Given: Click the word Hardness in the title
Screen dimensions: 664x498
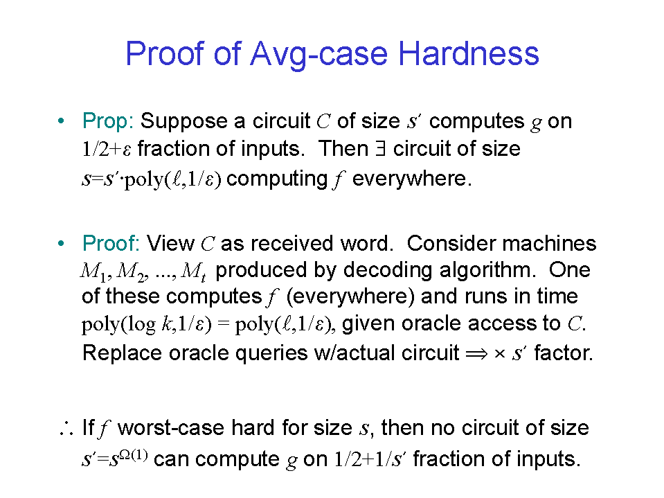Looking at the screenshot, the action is [468, 53].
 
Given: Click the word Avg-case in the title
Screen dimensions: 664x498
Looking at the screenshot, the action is [319, 55].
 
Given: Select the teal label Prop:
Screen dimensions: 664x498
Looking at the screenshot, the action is [108, 121].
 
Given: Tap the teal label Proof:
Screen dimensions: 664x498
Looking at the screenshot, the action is [111, 244].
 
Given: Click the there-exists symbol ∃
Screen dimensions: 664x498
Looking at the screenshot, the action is [381, 149].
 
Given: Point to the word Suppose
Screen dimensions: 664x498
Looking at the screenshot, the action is [185, 122].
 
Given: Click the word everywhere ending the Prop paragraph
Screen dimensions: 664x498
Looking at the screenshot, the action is [411, 179].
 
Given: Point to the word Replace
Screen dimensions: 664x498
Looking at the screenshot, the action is [122, 353].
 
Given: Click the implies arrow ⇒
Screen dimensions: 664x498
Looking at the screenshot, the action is [476, 354].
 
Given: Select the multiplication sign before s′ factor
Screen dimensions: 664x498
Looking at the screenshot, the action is [500, 354].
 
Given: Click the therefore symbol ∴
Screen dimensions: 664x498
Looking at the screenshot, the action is [66, 428].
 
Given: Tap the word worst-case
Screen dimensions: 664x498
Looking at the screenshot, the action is [171, 428].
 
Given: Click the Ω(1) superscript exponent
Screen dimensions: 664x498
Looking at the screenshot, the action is [134, 455].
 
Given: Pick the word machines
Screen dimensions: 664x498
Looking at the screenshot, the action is [549, 244].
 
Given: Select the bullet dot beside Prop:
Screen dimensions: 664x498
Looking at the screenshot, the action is [62, 121].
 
